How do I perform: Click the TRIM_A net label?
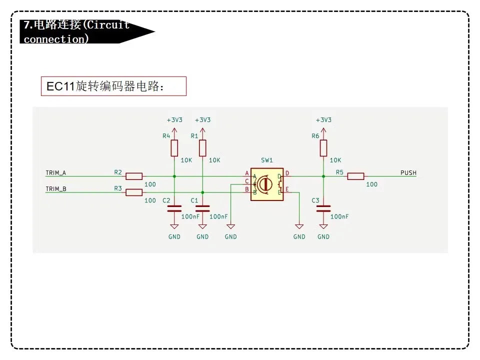pos(55,173)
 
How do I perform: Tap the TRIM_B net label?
pos(55,189)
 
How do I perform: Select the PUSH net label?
pos(408,173)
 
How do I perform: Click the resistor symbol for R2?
pos(134,176)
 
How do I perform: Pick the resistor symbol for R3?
pos(134,192)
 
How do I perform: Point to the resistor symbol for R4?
pos(174,148)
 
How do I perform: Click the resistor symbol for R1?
pos(202,148)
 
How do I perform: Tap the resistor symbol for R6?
pos(323,148)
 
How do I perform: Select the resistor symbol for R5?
pos(355,176)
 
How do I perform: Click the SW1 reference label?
pos(267,160)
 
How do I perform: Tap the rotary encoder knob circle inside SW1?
pos(266,184)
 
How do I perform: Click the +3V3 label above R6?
pos(323,120)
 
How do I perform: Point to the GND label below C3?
pos(323,236)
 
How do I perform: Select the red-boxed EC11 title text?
pos(113,86)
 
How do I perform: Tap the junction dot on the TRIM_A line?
pos(174,176)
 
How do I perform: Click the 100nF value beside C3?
pos(339,216)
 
